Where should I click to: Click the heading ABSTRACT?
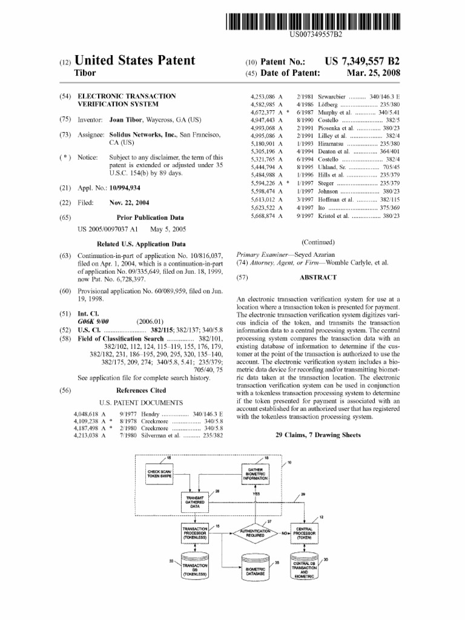tap(318, 277)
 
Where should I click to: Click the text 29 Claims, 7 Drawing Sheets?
tap(318, 435)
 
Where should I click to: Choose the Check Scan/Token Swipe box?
tap(159, 474)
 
